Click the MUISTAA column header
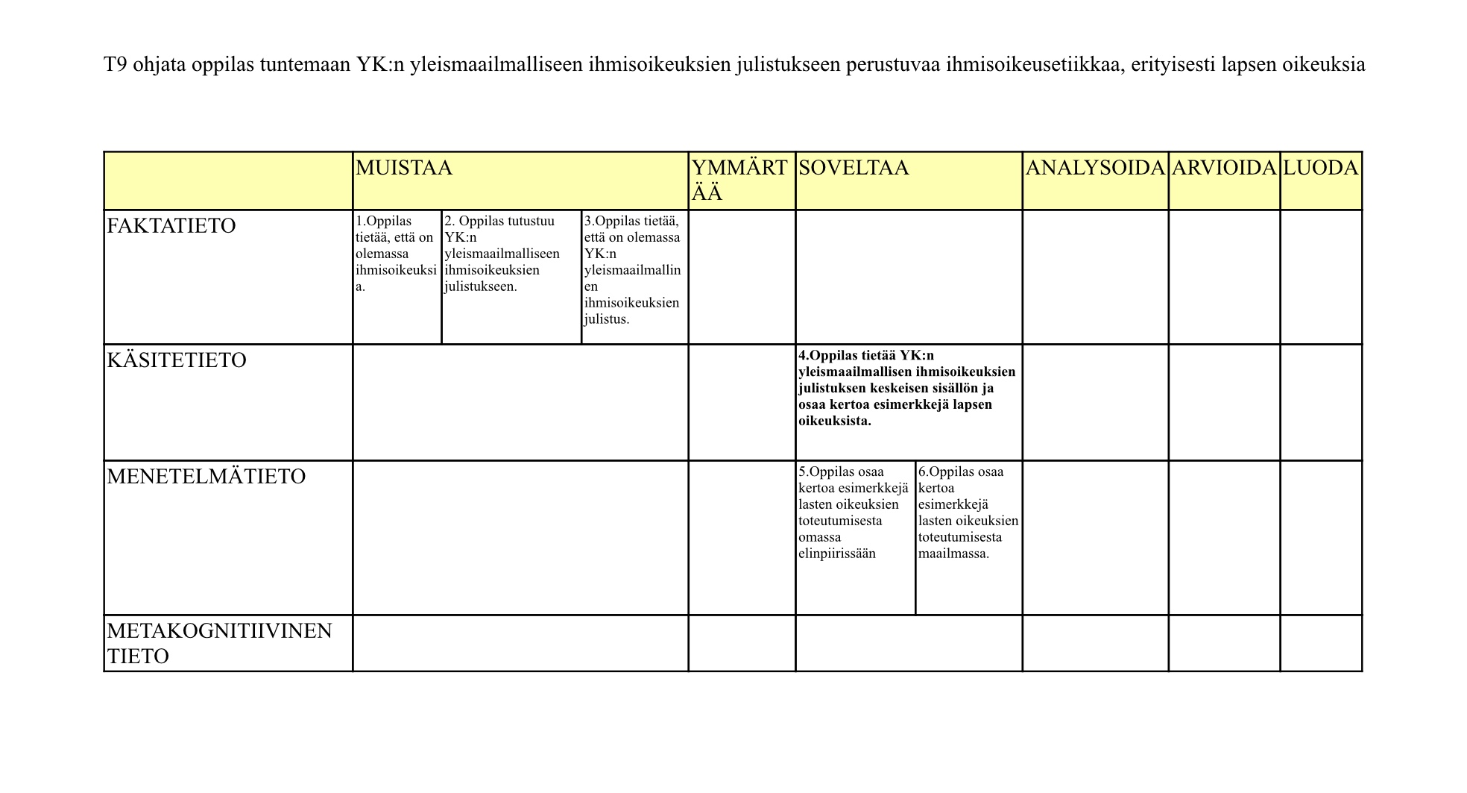click(x=404, y=168)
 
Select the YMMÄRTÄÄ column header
click(x=739, y=180)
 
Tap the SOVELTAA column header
click(x=854, y=168)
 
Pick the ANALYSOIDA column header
click(x=1094, y=168)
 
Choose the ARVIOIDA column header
click(x=1223, y=168)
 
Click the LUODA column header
click(x=1320, y=168)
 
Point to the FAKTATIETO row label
click(x=171, y=226)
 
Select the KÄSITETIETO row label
click(x=177, y=360)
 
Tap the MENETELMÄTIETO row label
click(x=206, y=477)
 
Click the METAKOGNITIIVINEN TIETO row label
click(x=219, y=643)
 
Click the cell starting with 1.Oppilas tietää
click(x=396, y=254)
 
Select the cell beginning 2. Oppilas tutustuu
click(x=502, y=254)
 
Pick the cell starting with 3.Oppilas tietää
click(x=632, y=270)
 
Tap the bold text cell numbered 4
click(x=906, y=388)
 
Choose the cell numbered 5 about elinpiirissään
click(x=853, y=513)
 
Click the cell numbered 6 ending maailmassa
click(x=968, y=513)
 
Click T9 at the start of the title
click(x=116, y=65)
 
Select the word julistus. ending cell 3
click(x=607, y=319)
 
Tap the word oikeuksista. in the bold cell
click(x=835, y=421)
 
